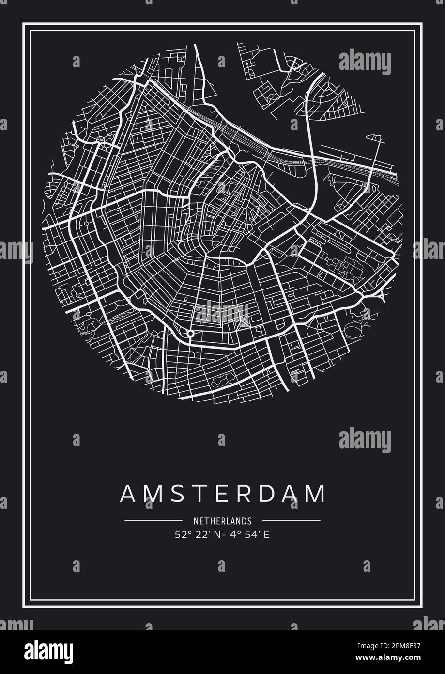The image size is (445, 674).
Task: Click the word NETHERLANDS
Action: point(222,521)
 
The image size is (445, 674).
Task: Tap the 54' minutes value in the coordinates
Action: point(248,535)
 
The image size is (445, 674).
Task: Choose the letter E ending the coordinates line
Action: point(265,535)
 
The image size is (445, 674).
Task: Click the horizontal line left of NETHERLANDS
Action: point(153,521)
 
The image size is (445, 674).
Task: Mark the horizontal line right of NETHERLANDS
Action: point(291,521)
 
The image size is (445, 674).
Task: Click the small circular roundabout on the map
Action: point(190,334)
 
